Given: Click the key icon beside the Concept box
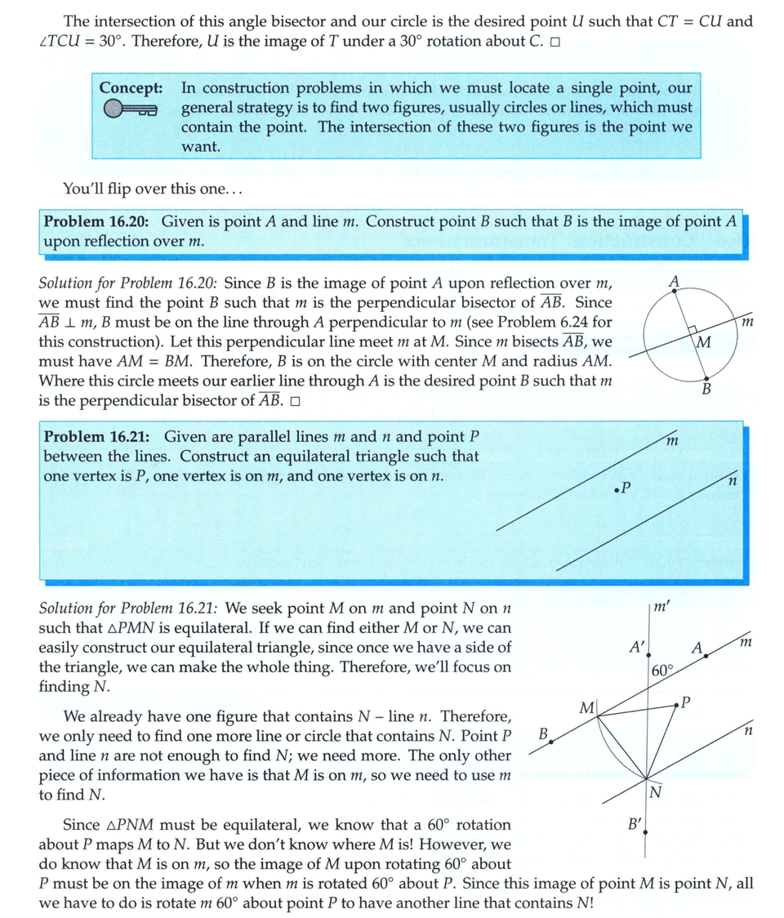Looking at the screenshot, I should [130, 109].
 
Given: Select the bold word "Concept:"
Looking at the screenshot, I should [131, 87].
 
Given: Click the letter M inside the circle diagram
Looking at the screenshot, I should [704, 340].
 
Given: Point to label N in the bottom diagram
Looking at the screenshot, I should [655, 791].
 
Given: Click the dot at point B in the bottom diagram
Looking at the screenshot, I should [552, 742].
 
